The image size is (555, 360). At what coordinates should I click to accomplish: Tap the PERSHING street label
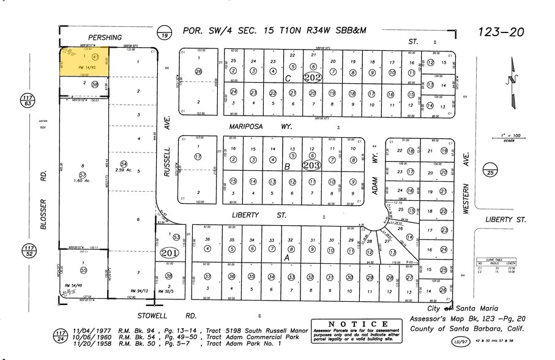pos(105,37)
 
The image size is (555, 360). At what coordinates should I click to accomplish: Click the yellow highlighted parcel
pos(84,62)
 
